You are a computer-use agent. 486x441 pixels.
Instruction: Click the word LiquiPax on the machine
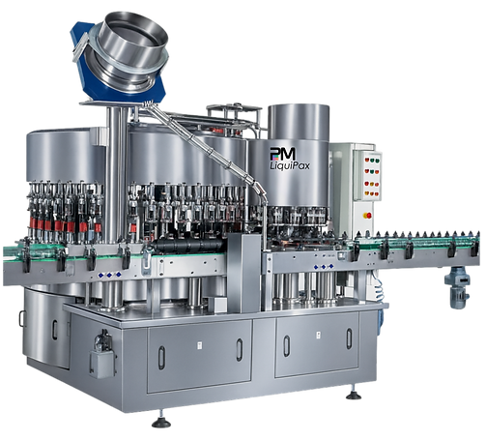[x=290, y=165]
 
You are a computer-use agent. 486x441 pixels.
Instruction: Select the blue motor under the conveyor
[x=457, y=287]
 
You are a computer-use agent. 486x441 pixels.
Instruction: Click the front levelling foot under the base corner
[x=161, y=422]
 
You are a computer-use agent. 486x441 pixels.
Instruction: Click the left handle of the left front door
[x=161, y=358]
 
